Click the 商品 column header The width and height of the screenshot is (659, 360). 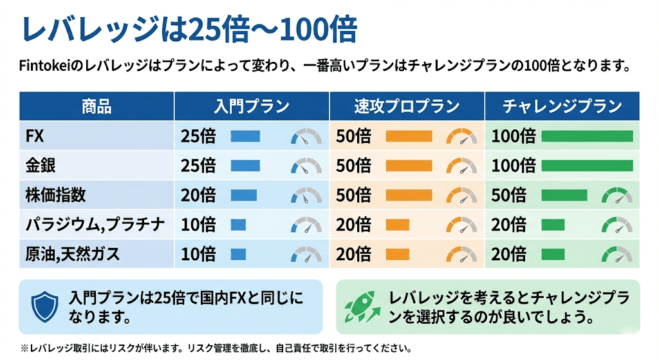coord(97,106)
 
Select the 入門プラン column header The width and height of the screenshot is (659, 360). coord(252,106)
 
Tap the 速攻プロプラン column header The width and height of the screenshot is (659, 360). coord(407,106)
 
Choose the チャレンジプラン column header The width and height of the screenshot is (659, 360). coord(562,106)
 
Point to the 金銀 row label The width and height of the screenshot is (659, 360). coord(41,166)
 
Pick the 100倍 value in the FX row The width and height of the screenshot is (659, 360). coord(514,136)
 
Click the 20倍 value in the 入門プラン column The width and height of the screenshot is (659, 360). coord(198,195)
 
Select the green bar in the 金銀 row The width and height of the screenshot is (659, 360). coord(587,166)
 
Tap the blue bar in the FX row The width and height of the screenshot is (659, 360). coord(245,136)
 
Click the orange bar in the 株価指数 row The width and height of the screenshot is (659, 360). coord(409,195)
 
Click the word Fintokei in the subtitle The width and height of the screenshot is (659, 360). coord(47,66)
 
